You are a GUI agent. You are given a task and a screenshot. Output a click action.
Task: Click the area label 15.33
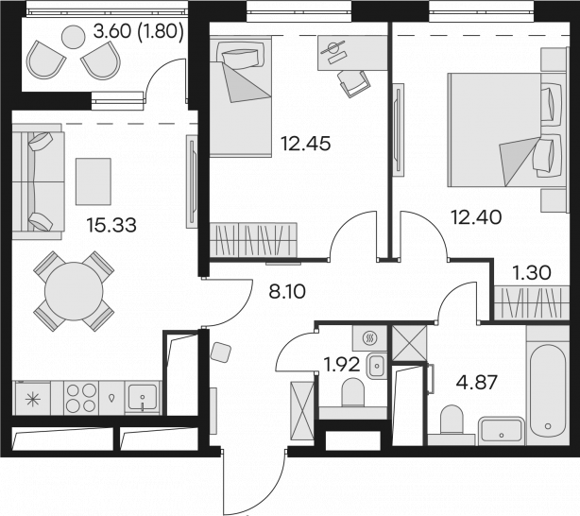pos(111,225)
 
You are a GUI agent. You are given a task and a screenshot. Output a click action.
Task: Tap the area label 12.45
pos(305,144)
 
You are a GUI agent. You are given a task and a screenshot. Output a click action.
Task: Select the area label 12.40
pos(476,217)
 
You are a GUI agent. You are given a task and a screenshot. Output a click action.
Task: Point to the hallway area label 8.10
pos(287,292)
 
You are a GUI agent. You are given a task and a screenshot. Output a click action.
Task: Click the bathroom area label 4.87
pos(476,383)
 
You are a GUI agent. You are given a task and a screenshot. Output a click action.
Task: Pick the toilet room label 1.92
pos(341,365)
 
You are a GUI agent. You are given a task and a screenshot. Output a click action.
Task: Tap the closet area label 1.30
pos(532,273)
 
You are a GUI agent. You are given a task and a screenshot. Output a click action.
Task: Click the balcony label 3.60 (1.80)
pos(138,31)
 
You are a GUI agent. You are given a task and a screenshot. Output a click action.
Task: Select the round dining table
pos(74,291)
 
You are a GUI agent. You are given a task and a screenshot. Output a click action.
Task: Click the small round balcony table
pos(74,37)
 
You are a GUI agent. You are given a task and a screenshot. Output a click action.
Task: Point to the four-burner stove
pos(81,398)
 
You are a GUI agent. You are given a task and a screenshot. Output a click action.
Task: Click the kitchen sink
pos(143,398)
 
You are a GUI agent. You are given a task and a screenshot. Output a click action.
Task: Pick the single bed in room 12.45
pos(241,97)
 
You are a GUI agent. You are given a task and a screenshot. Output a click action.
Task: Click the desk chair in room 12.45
pos(353,83)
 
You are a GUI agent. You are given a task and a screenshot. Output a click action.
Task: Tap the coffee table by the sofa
pos(94,181)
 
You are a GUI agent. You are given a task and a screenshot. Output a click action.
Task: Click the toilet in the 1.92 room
pos(353,392)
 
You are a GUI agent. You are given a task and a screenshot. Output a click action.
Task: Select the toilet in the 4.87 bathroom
pos(452,420)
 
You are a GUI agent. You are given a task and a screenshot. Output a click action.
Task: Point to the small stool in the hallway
pos(220,352)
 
